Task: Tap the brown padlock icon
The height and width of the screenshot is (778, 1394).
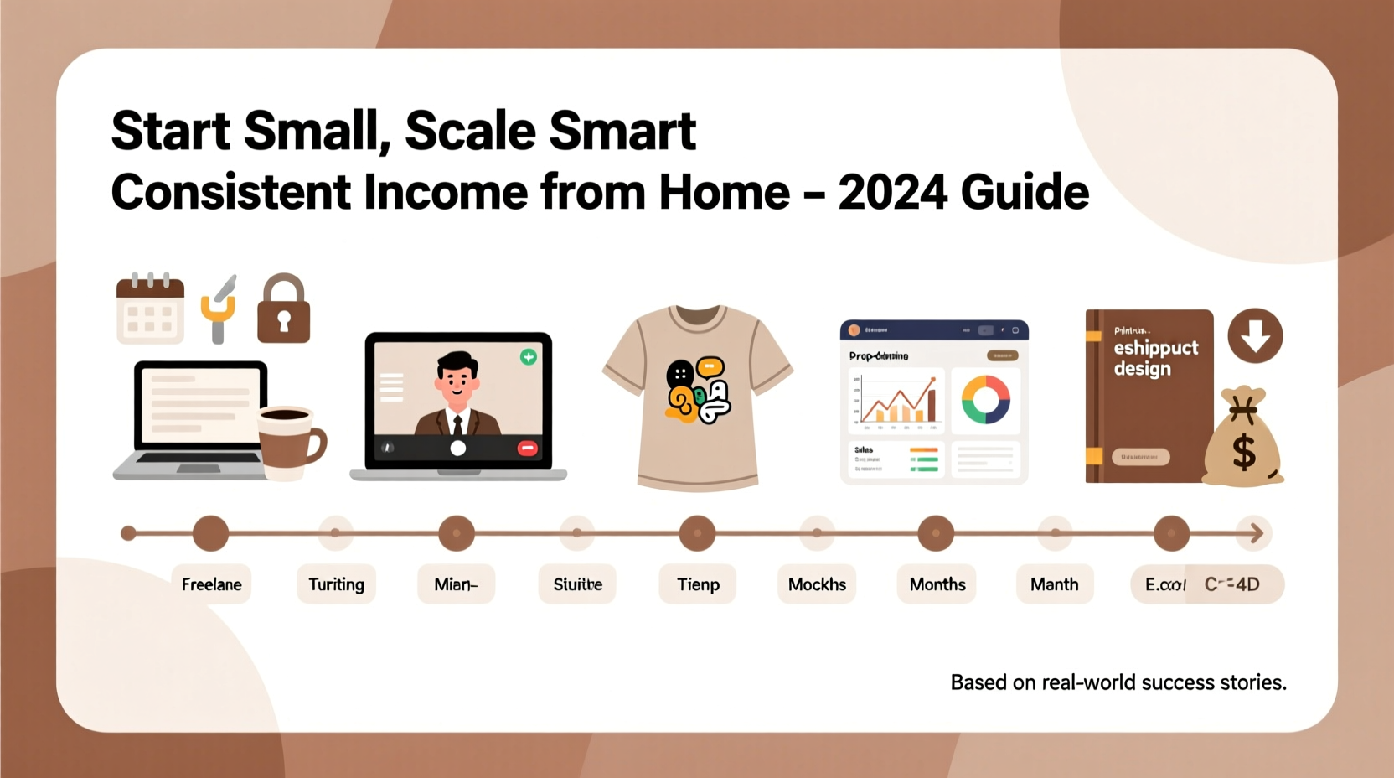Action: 283,310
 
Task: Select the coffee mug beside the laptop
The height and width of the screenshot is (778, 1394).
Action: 290,440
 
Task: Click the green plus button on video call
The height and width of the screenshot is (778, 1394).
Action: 529,357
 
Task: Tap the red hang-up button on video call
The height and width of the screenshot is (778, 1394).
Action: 527,449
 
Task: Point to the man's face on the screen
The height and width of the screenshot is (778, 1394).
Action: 457,381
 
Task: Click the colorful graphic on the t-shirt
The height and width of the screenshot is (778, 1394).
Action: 698,391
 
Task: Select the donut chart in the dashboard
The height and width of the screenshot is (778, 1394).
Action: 985,399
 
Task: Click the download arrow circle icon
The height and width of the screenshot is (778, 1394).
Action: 1255,335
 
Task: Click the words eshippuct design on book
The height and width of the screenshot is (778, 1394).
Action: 1154,358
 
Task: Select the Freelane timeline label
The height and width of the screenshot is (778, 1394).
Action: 211,584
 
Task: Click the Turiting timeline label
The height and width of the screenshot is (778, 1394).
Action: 336,584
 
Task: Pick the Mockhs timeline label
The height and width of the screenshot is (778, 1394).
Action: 817,584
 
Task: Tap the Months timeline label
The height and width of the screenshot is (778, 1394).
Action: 937,584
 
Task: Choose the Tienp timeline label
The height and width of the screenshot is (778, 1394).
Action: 698,584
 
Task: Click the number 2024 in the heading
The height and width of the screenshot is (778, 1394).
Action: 893,193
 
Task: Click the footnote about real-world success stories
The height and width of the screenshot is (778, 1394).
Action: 1118,682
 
